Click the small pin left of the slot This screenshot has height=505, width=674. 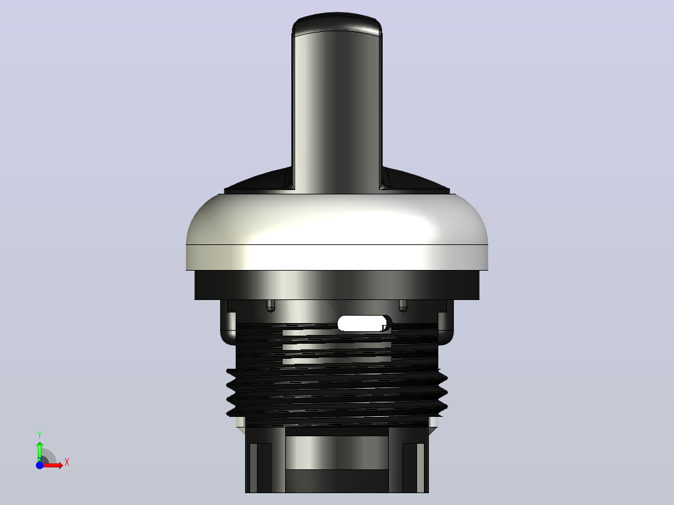270,306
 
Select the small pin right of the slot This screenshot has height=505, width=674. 403,306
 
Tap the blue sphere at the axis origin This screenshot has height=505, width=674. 39,465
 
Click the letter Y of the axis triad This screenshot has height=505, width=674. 39,434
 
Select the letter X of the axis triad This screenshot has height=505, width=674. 67,462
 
